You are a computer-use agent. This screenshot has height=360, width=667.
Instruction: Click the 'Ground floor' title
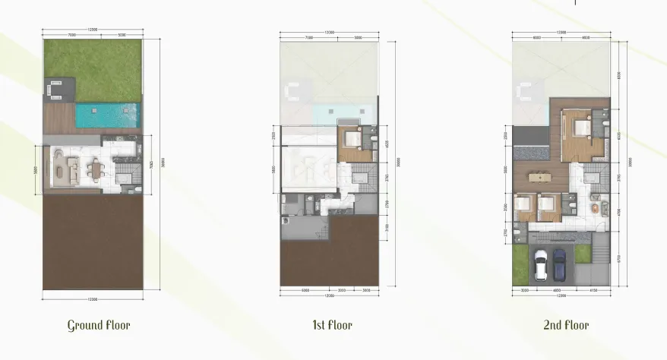(x=99, y=326)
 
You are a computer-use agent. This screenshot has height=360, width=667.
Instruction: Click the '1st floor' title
(x=331, y=326)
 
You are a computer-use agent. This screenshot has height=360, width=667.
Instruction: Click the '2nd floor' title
(x=565, y=326)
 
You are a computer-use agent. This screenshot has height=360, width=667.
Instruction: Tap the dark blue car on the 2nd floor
(x=559, y=264)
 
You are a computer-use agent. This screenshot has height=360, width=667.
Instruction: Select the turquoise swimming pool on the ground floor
(x=107, y=115)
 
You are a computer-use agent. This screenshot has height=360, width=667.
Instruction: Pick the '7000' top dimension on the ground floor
(x=71, y=35)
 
